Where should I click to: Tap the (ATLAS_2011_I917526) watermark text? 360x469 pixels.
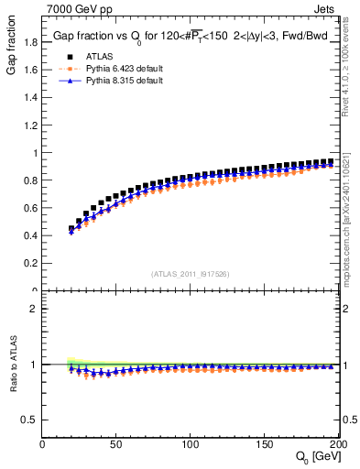[x=191, y=274]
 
